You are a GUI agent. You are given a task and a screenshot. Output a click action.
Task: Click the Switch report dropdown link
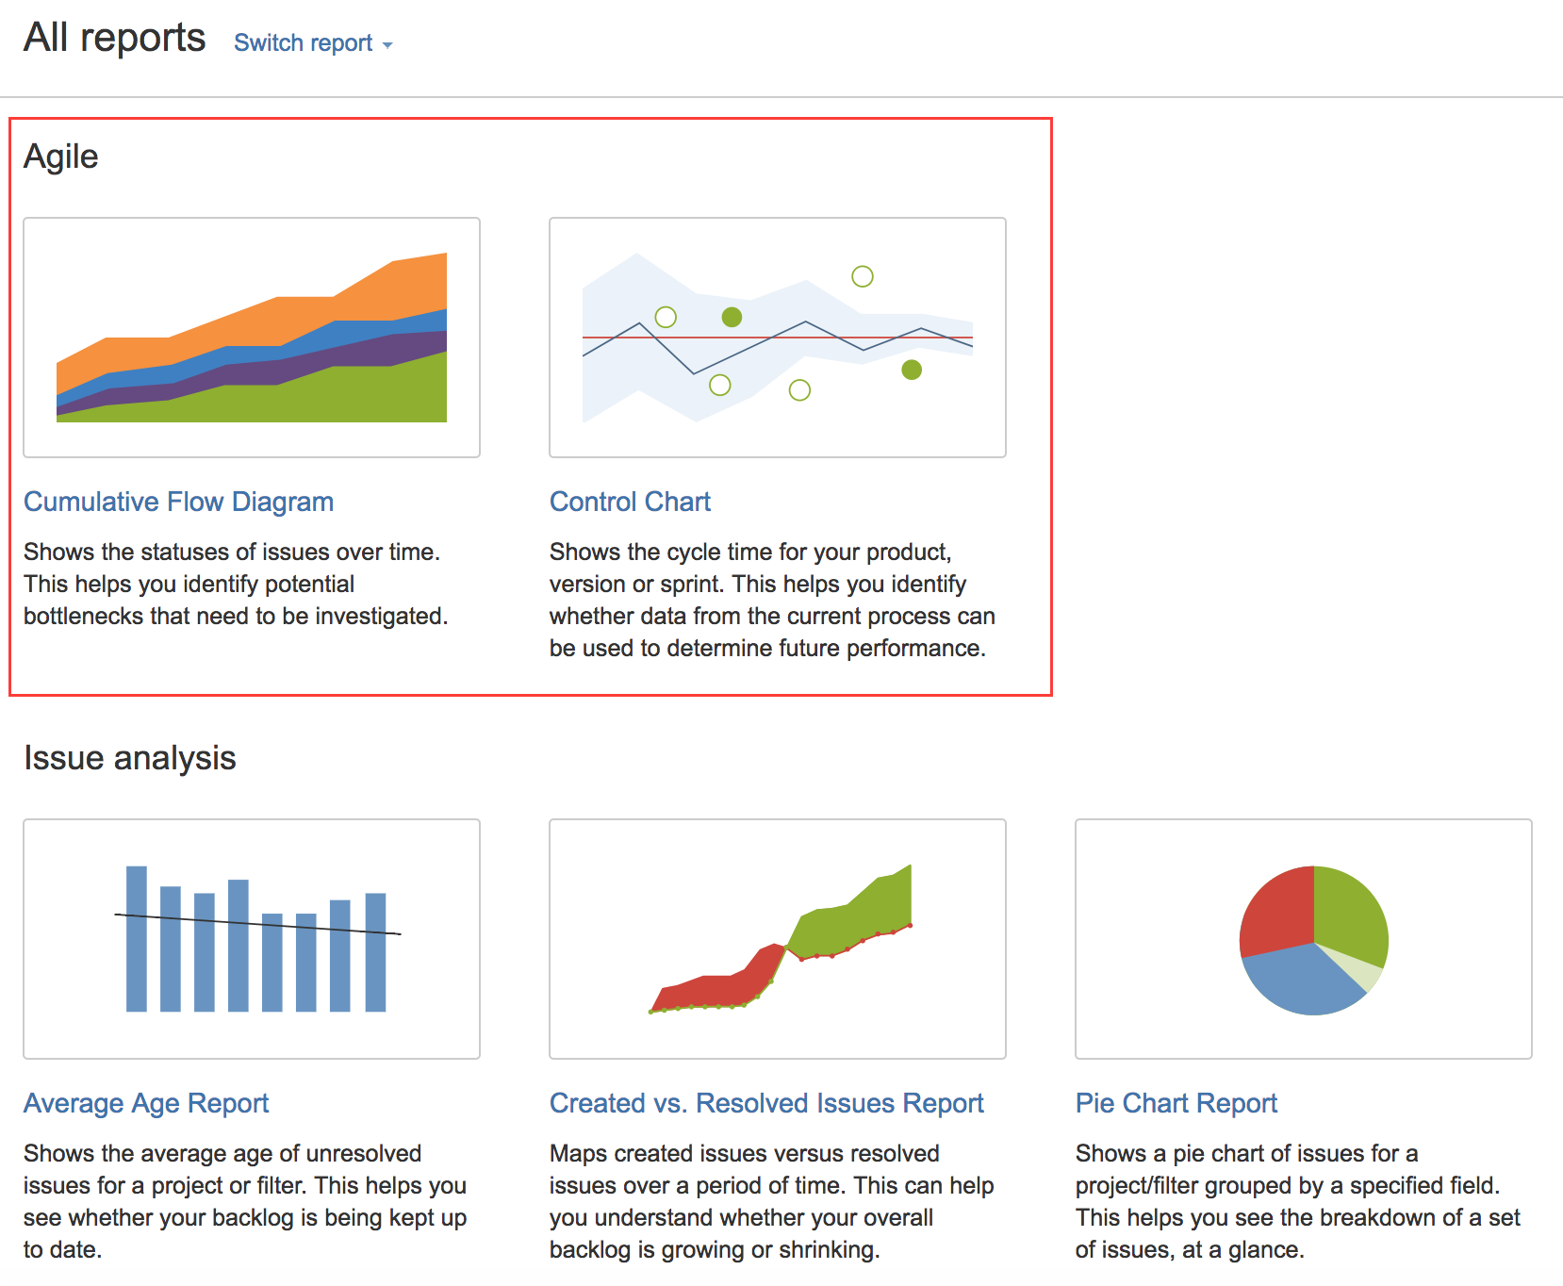[313, 43]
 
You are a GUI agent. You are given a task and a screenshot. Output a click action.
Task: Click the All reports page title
[114, 38]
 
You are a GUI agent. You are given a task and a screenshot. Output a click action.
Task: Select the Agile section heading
[61, 157]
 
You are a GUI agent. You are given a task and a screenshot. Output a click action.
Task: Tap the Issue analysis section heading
[130, 758]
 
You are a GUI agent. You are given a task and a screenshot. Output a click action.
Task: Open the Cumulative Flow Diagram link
[178, 502]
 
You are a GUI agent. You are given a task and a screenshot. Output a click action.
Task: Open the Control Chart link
[630, 502]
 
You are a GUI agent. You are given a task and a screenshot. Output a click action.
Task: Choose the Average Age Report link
[146, 1103]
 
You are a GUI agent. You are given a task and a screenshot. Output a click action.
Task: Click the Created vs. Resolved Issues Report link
[766, 1103]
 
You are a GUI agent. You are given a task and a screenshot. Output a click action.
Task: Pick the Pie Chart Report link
[1176, 1103]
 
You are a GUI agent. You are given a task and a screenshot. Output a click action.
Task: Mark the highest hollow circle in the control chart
[862, 276]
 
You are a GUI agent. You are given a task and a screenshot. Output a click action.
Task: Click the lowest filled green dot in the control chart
[912, 370]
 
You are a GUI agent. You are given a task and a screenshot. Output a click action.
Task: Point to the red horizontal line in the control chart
[778, 338]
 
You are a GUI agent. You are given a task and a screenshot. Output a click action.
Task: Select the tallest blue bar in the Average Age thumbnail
[137, 939]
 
